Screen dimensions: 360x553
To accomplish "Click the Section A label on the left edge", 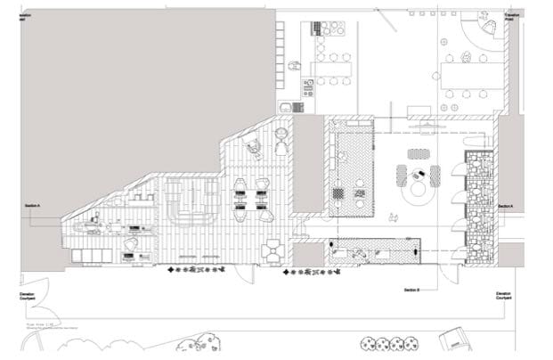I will pyautogui.click(x=33, y=205).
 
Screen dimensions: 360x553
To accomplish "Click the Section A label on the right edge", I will pyautogui.click(x=506, y=206).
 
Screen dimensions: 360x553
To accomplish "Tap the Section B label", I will pyautogui.click(x=411, y=290).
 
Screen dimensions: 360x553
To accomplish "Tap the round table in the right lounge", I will pyautogui.click(x=417, y=190).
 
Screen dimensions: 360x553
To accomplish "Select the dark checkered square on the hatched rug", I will pyautogui.click(x=338, y=192).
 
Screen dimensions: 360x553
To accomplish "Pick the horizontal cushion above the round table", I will pyautogui.click(x=417, y=153).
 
